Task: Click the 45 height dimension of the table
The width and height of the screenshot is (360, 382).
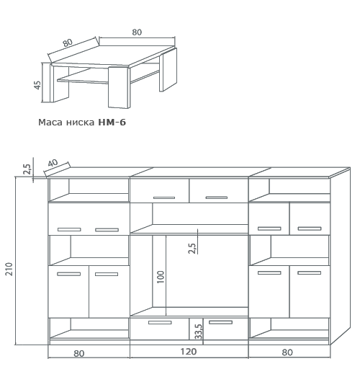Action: (37, 85)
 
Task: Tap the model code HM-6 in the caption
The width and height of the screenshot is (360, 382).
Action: (112, 122)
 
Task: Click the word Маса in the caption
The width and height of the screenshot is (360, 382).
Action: (50, 123)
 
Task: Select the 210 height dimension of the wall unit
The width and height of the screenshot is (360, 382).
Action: (9, 269)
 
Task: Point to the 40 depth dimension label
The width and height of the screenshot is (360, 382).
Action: (53, 163)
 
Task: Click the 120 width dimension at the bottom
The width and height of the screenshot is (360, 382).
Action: (189, 352)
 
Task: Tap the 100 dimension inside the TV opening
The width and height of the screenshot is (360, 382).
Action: (161, 277)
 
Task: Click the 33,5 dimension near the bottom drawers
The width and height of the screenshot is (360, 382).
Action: (199, 332)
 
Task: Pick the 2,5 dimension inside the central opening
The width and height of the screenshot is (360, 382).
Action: (192, 248)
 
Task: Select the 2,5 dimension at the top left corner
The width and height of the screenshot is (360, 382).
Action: (27, 169)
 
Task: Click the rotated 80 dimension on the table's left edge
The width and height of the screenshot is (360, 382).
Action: (68, 43)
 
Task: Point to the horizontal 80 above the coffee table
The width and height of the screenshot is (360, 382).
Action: (137, 32)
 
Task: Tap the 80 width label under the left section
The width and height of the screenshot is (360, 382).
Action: (79, 353)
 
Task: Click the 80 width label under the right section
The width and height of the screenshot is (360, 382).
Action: (287, 352)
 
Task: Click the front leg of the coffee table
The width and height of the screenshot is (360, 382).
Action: (119, 87)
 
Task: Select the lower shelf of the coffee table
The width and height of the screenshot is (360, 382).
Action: (108, 76)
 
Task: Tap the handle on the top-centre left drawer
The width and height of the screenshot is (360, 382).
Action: (164, 197)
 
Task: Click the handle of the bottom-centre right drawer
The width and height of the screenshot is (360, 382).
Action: (220, 322)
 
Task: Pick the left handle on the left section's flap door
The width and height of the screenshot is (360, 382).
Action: (69, 229)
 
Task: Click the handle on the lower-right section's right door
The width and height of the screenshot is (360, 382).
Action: (310, 273)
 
